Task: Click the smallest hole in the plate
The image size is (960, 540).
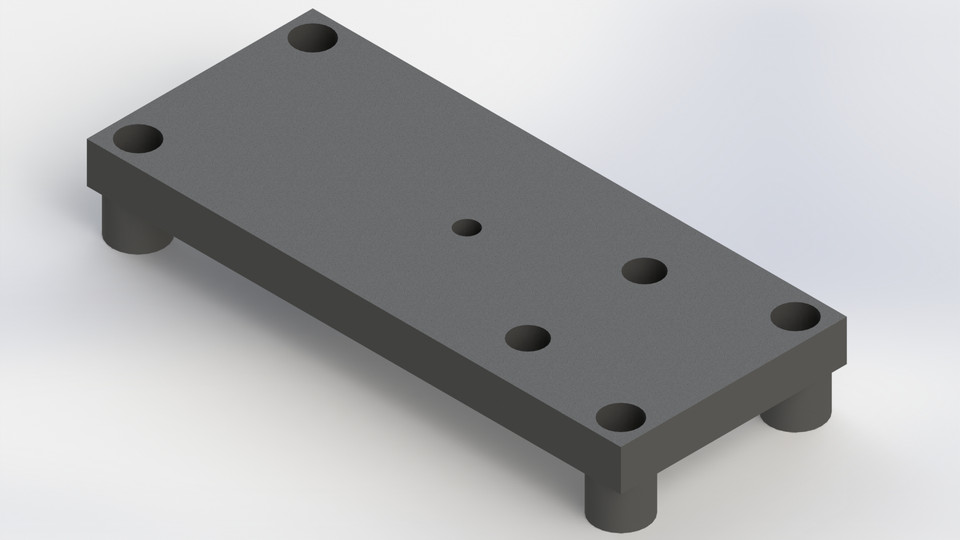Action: [466, 228]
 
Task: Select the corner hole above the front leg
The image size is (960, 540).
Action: [620, 418]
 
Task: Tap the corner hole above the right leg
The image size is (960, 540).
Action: [795, 317]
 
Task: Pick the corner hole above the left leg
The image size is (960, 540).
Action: [138, 139]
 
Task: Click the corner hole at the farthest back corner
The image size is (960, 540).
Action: [313, 39]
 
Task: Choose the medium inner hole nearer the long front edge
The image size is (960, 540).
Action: [528, 338]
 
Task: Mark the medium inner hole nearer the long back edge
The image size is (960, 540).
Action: [644, 271]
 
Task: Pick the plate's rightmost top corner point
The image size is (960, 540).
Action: [848, 317]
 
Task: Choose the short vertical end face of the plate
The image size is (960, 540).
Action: [740, 410]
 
